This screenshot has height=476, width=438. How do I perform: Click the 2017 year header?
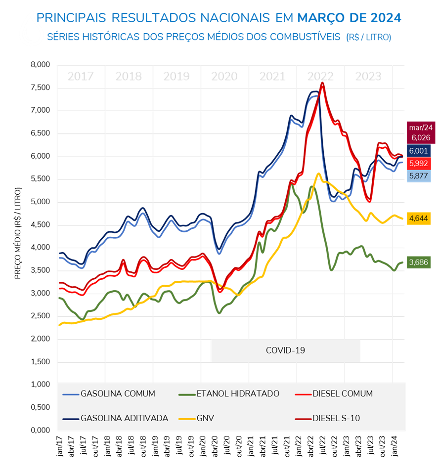click(81, 77)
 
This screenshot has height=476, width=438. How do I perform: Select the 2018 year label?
click(129, 77)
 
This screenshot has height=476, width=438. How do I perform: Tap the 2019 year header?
click(176, 77)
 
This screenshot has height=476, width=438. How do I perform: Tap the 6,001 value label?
click(419, 151)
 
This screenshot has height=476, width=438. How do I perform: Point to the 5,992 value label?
click(419, 164)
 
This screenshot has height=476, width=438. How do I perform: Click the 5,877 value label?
click(419, 176)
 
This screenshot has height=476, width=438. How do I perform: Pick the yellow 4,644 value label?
click(419, 218)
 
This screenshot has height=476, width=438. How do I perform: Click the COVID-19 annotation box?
click(285, 350)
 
